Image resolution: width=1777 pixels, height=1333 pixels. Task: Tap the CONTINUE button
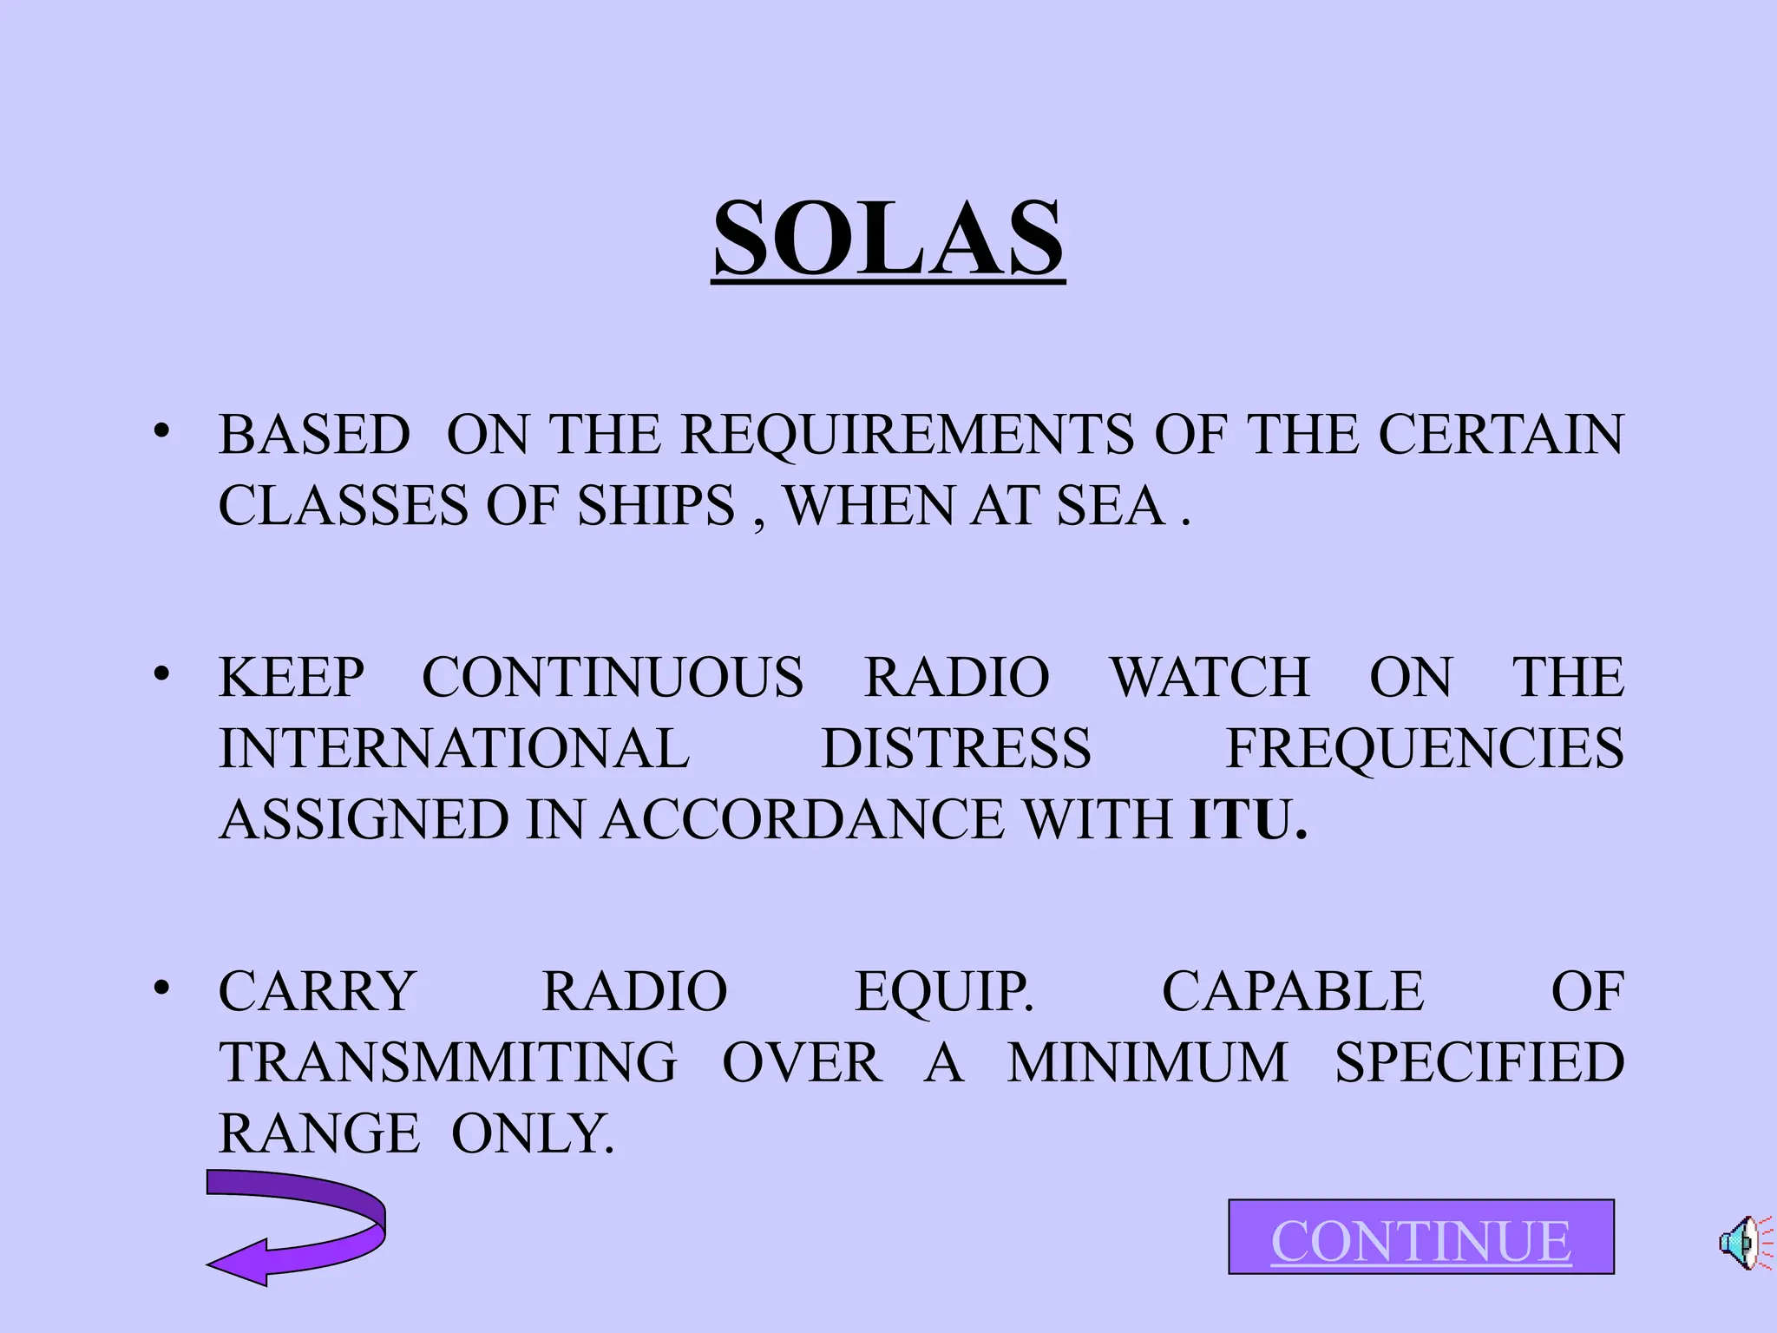(1420, 1238)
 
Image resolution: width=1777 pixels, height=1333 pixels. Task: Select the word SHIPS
(656, 506)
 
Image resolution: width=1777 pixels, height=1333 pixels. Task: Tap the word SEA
(1110, 506)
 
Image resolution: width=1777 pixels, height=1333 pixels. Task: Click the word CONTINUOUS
(613, 677)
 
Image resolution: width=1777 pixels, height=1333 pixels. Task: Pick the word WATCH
(1210, 677)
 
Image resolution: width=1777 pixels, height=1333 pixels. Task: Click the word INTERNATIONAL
(454, 748)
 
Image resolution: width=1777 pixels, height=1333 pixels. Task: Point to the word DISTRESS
(956, 748)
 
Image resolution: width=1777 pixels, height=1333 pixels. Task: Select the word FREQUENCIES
(1424, 748)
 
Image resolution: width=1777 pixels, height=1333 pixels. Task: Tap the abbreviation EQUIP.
(944, 991)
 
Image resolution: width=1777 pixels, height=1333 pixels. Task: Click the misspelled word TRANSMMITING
(448, 1062)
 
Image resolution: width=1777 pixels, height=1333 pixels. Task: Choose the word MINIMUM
(1147, 1062)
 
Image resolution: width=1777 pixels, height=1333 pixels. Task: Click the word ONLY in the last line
(531, 1133)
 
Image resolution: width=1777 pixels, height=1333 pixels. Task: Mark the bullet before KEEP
(161, 673)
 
